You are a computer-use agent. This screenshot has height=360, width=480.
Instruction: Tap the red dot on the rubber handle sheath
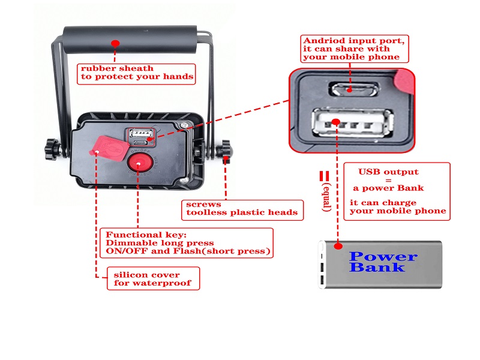(x=115, y=43)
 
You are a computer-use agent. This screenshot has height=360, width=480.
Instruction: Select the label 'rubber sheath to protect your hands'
(x=137, y=72)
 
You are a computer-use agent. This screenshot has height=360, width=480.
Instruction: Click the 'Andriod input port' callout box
(x=355, y=49)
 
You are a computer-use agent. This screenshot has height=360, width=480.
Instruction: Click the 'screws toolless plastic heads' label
(x=242, y=208)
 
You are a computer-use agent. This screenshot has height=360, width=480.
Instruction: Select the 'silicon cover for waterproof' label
(x=154, y=279)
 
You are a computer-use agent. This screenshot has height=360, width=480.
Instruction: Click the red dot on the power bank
(x=338, y=246)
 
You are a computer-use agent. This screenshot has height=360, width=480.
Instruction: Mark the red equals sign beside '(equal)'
(x=324, y=176)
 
